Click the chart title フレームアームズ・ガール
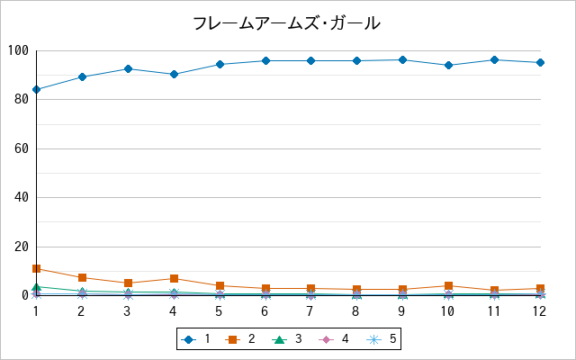(x=286, y=23)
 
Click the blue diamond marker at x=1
(x=36, y=89)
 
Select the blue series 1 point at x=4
(x=174, y=74)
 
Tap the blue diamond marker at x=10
(x=448, y=66)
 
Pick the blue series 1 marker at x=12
(x=540, y=62)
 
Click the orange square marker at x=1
(x=36, y=268)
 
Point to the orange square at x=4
(x=174, y=278)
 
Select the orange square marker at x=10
(x=448, y=285)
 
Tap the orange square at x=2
(x=82, y=277)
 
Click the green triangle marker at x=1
(x=36, y=286)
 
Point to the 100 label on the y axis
(x=18, y=50)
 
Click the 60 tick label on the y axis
(x=22, y=148)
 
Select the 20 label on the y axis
(x=22, y=247)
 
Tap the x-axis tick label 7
(x=310, y=311)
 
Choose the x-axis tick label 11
(x=494, y=311)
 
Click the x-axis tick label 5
(x=219, y=311)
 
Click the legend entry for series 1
(x=196, y=339)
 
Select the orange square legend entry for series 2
(x=240, y=339)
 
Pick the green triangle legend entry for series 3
(x=287, y=339)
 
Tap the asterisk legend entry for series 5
(x=382, y=339)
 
